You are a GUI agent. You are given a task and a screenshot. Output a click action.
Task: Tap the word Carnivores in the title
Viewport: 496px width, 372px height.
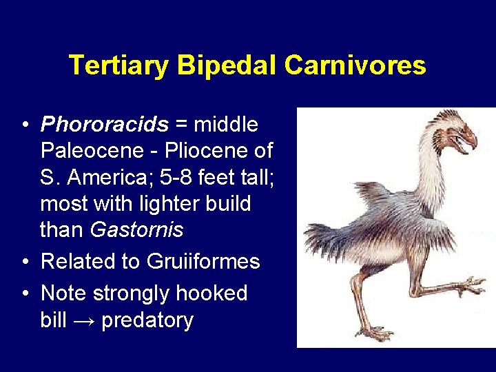(x=355, y=65)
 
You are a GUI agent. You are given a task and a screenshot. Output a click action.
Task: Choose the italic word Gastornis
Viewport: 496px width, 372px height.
(x=136, y=229)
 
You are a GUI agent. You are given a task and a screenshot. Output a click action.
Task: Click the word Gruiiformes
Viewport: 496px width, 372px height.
(x=203, y=262)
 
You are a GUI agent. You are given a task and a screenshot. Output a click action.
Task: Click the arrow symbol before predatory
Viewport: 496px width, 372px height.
(x=87, y=320)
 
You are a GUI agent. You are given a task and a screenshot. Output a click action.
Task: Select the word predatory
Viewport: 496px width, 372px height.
(x=147, y=320)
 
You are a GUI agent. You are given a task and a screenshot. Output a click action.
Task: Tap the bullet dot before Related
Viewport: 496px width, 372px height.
(x=24, y=262)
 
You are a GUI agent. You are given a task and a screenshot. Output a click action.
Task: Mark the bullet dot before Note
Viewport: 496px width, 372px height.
(x=24, y=293)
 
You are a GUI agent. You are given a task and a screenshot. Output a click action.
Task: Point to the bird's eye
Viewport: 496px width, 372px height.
(x=457, y=127)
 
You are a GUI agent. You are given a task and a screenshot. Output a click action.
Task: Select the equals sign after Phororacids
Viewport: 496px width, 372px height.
(x=180, y=125)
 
